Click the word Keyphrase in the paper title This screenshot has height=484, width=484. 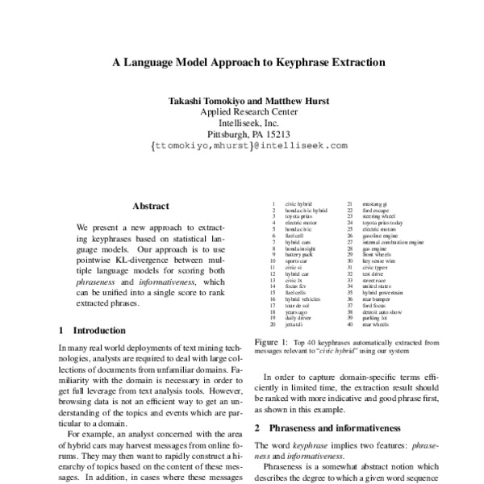coord(277,61)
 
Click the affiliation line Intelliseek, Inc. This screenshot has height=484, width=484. coord(242,123)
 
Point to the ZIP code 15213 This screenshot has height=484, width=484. coord(277,135)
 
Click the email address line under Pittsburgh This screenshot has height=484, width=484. coord(242,146)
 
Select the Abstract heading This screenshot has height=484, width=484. coord(150,206)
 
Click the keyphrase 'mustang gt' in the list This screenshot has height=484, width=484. coord(376,205)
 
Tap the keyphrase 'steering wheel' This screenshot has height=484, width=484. coord(379,217)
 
